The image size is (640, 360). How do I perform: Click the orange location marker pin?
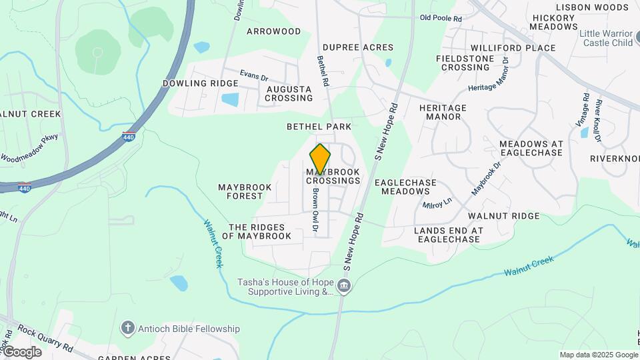click(320, 159)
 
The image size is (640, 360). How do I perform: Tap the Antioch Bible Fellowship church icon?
click(128, 328)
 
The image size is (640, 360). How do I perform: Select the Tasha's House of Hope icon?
click(344, 287)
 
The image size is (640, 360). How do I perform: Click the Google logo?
click(22, 352)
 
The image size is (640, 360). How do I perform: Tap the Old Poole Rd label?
click(441, 19)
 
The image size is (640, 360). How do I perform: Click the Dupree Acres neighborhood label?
click(357, 47)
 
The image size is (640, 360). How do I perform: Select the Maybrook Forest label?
click(245, 192)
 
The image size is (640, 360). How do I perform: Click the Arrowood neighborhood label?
click(273, 31)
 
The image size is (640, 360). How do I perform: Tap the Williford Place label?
click(513, 48)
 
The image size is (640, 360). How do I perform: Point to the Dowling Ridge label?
click(200, 83)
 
